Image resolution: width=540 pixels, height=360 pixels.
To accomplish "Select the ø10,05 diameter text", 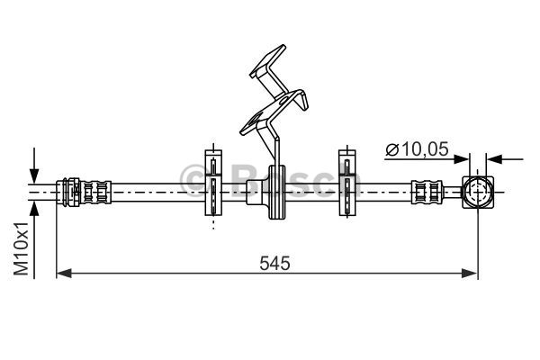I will pos(417,150).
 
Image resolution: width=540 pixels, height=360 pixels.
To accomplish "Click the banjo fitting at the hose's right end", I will pos(477,191).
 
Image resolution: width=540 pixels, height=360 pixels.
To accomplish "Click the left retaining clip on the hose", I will pos(213,184).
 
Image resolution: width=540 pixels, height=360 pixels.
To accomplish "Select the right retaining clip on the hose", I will pos(346,184).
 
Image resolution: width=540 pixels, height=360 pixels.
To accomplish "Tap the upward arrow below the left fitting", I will pos(35,209).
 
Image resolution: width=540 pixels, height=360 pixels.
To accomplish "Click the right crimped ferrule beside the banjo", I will pos(427,191).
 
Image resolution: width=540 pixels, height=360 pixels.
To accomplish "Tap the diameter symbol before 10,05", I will pos(392,150).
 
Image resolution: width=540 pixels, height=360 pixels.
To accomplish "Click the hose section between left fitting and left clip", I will pos(157,191).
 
